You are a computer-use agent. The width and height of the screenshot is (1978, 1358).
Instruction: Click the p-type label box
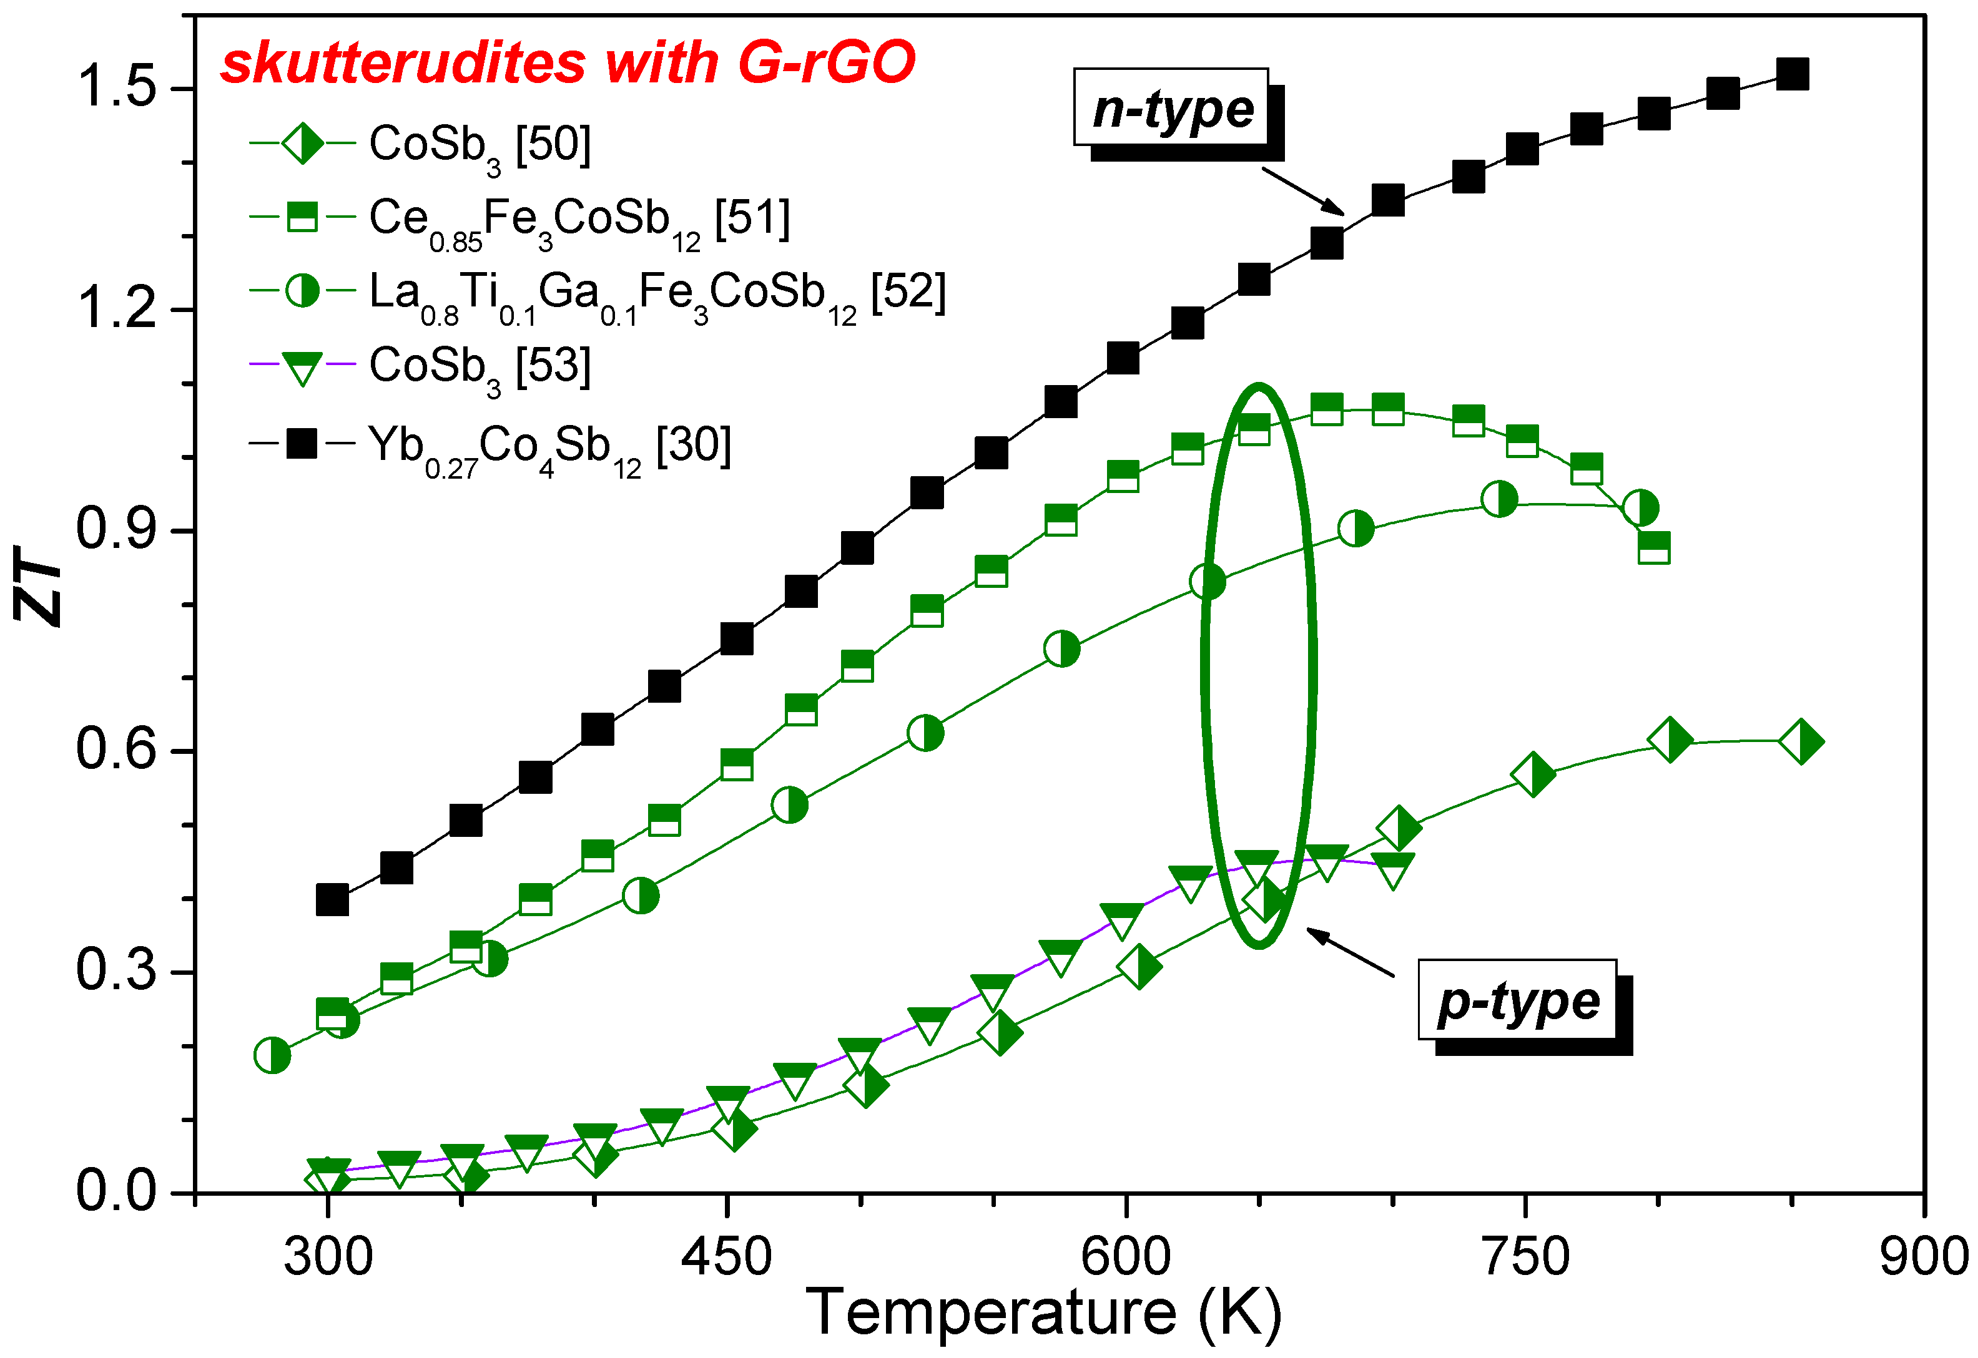click(1518, 1000)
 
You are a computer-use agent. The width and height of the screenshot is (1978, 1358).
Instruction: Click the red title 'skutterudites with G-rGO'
click(568, 63)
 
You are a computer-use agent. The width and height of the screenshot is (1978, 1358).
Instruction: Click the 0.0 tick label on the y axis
click(117, 1191)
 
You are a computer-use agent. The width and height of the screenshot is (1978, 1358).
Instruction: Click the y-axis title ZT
click(38, 587)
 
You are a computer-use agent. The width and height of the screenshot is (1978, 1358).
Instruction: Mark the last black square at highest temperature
click(1791, 74)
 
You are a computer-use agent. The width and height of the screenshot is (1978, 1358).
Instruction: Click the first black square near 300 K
click(332, 899)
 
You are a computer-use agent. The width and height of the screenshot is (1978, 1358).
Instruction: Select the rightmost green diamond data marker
click(1800, 742)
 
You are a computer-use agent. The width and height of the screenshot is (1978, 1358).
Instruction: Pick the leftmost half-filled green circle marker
click(272, 1056)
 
